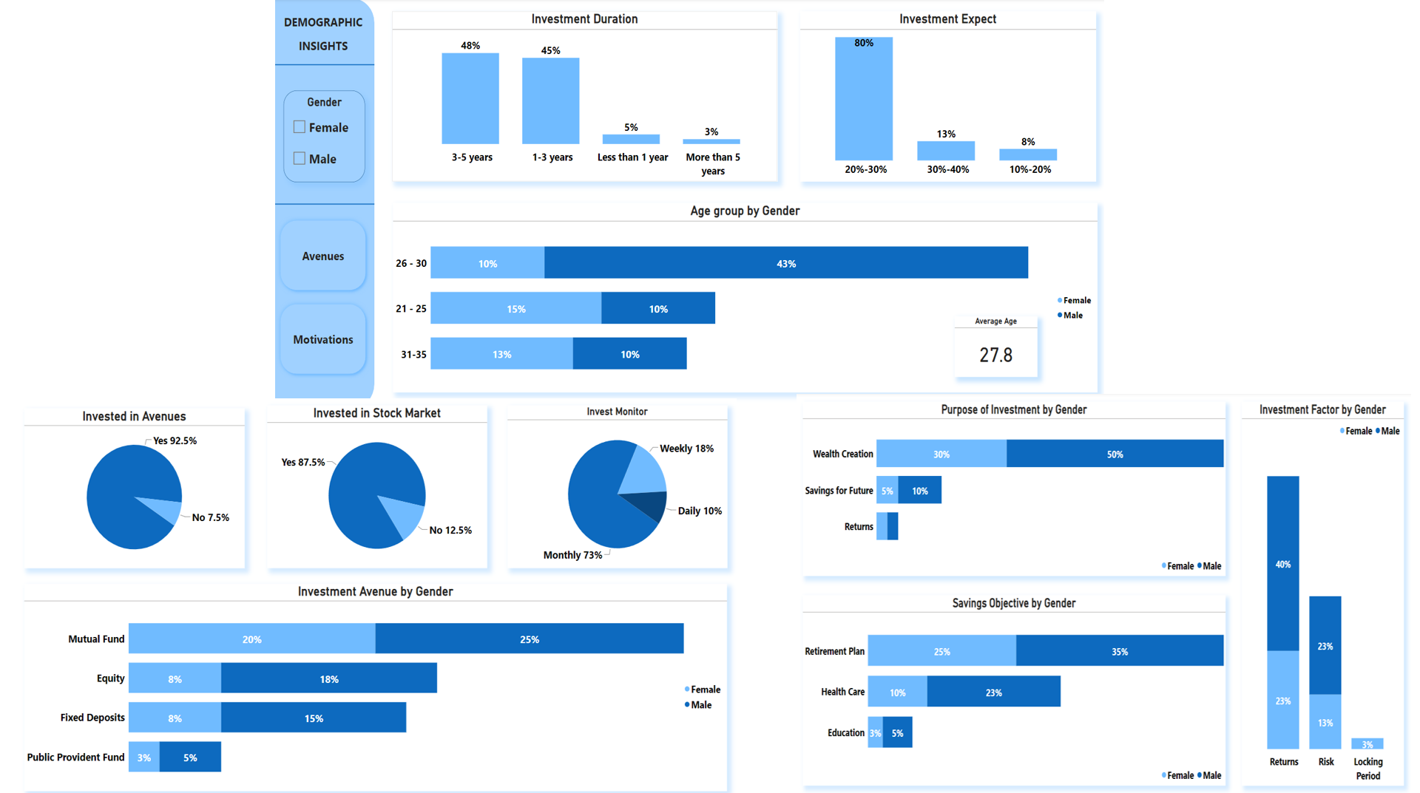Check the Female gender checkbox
pyautogui.click(x=300, y=127)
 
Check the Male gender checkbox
pyautogui.click(x=300, y=158)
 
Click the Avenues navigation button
pyautogui.click(x=323, y=256)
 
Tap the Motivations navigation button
pyautogui.click(x=323, y=339)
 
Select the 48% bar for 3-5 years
pyautogui.click(x=470, y=98)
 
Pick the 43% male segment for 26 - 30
pyautogui.click(x=785, y=263)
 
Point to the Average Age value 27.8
pyautogui.click(x=995, y=355)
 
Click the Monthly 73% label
pyautogui.click(x=572, y=555)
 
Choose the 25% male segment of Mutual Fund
pyautogui.click(x=529, y=639)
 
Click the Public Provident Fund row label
pyautogui.click(x=75, y=757)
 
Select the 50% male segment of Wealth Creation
pyautogui.click(x=1114, y=454)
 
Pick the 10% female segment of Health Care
pyautogui.click(x=897, y=692)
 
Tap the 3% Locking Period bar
pyautogui.click(x=1367, y=743)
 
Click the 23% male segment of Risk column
pyautogui.click(x=1325, y=645)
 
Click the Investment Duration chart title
pyautogui.click(x=584, y=19)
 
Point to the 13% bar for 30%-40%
pyautogui.click(x=946, y=151)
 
